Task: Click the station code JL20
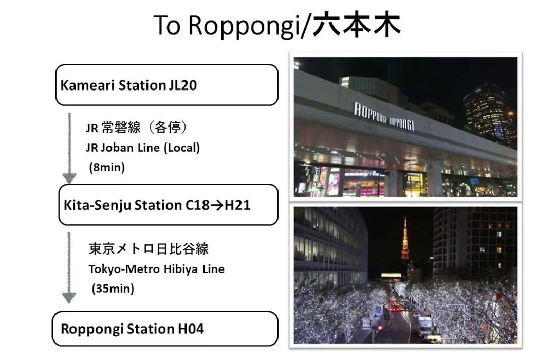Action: click(x=182, y=85)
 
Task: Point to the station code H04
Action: click(x=191, y=329)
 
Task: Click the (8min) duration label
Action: click(x=107, y=167)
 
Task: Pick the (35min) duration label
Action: click(x=113, y=289)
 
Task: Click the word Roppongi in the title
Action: click(x=244, y=26)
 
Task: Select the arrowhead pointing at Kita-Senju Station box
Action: click(x=69, y=178)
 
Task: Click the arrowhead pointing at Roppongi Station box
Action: click(x=69, y=298)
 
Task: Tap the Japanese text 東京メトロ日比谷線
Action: click(x=149, y=249)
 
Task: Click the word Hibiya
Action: click(x=179, y=269)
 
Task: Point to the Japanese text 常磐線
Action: click(x=121, y=127)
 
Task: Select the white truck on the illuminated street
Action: click(x=425, y=326)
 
